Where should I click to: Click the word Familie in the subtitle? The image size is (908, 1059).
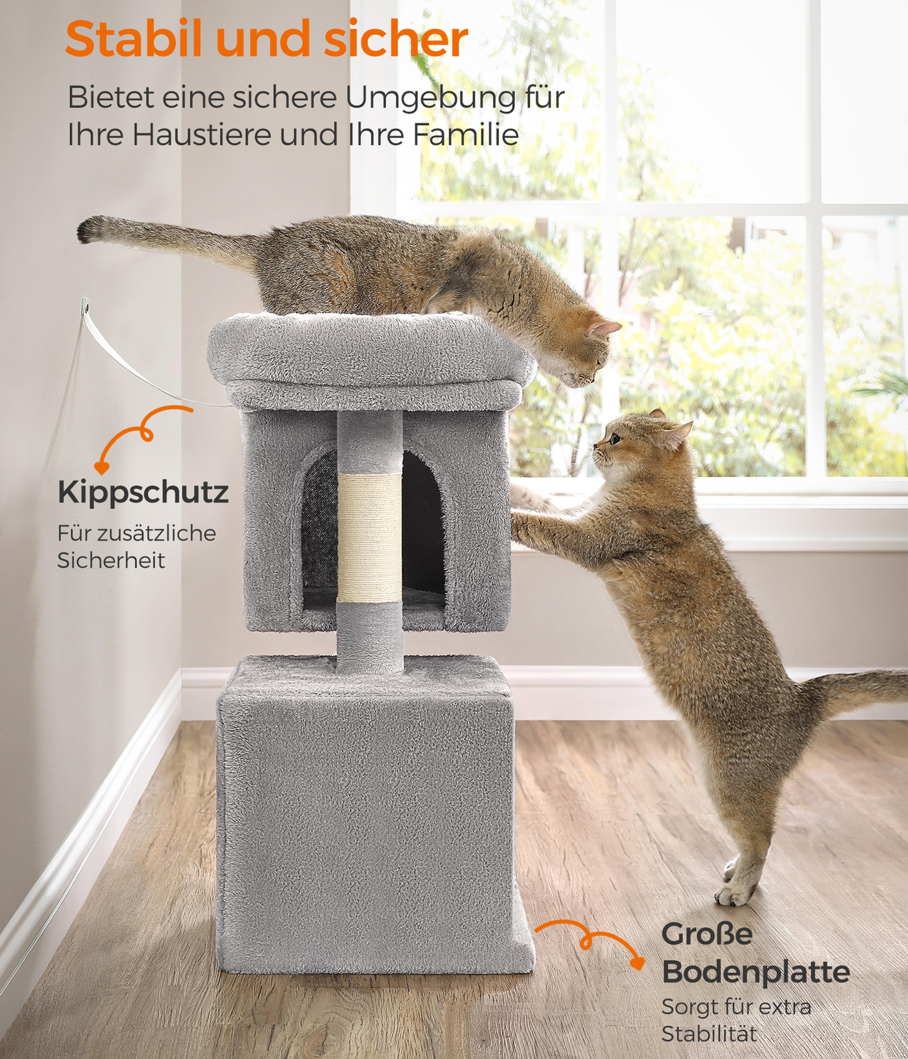click(x=466, y=135)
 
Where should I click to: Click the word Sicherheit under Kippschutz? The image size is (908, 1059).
click(x=111, y=560)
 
